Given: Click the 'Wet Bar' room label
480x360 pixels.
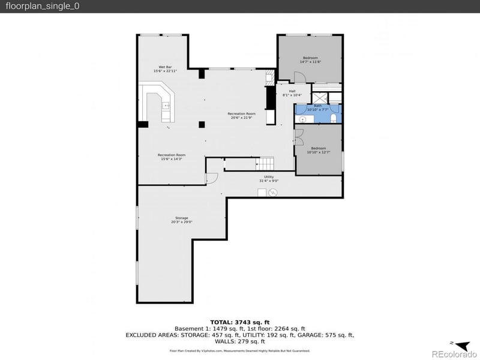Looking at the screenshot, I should coord(165,67).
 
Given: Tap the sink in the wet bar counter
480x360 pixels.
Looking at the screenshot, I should coord(166,106).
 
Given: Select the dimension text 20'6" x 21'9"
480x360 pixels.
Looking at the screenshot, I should coord(241,118).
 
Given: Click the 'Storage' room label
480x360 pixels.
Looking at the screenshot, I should coord(181,218).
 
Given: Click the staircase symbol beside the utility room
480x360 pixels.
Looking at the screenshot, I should coord(266,163).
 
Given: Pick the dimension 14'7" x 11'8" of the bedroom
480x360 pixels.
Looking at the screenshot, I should coord(310,62).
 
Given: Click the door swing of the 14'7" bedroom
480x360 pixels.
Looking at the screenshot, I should coord(300,77).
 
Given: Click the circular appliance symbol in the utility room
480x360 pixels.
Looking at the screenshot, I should coord(274,192).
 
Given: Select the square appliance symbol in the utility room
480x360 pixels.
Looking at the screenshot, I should coord(262,192).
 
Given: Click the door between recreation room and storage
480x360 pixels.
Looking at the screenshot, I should coord(211,178).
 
